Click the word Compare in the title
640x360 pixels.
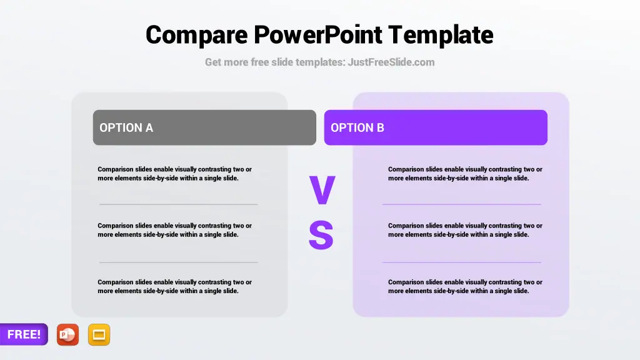196,36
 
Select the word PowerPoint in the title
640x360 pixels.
318,34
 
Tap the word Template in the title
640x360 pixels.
441,36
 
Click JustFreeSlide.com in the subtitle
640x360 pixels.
391,62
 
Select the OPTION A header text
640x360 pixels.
126,127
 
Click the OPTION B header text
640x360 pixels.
357,127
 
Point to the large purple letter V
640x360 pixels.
322,190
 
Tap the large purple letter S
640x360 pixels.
321,235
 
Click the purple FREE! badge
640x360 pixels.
24,334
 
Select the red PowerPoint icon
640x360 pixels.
67,335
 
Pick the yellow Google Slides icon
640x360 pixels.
99,335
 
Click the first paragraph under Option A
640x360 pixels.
175,174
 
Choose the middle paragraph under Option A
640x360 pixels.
175,230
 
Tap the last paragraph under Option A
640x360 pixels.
175,286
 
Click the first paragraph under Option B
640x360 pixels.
465,174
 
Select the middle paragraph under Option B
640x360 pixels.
465,230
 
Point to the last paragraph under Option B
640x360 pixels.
465,286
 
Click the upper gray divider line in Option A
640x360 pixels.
178,204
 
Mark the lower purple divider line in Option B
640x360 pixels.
462,262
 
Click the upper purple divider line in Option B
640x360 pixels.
462,204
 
